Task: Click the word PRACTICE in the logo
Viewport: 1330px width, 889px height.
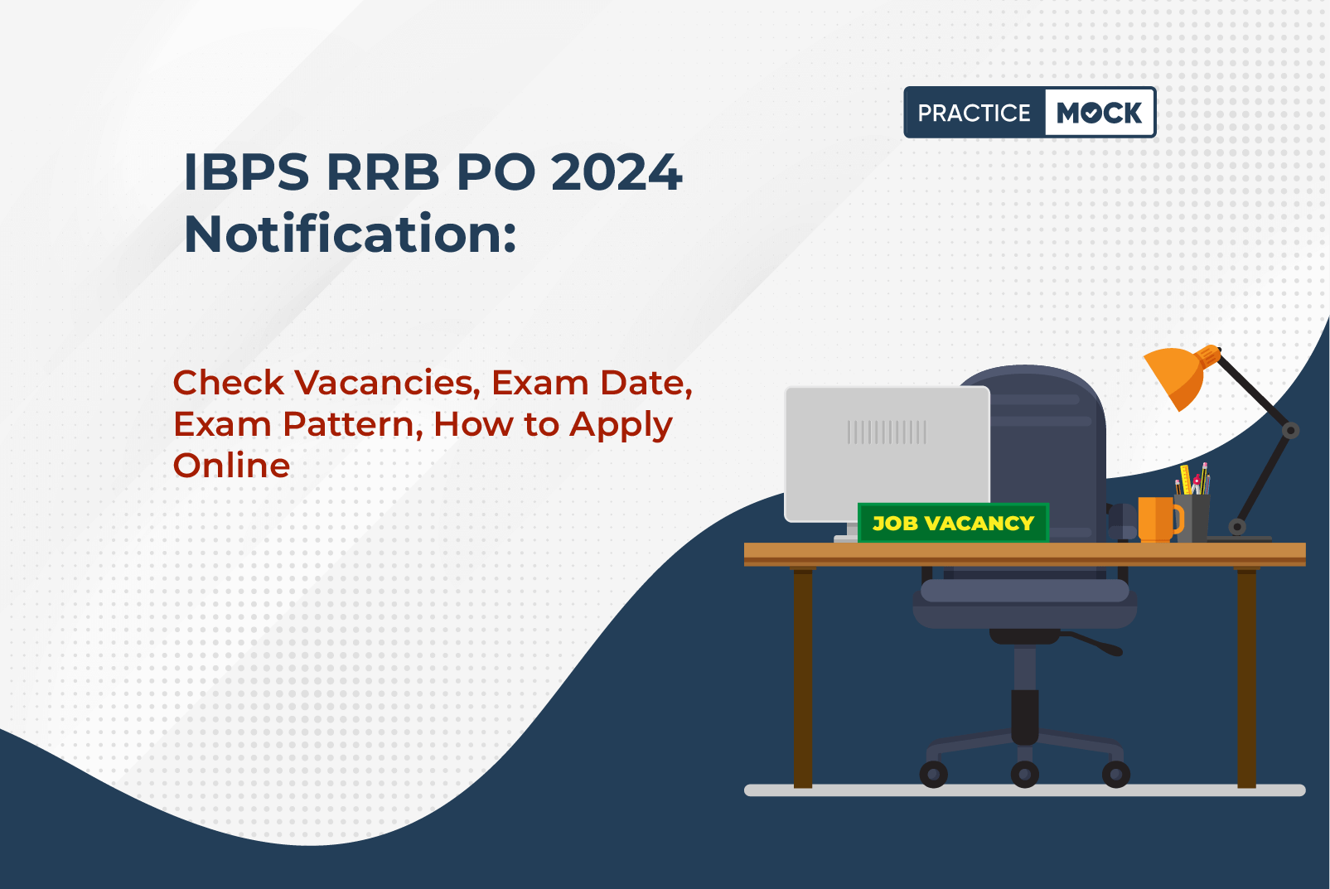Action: coord(974,113)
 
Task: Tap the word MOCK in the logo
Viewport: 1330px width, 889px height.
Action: coord(1099,113)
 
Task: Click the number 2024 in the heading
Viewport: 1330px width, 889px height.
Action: coord(617,172)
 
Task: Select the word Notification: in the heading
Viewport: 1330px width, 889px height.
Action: coord(351,234)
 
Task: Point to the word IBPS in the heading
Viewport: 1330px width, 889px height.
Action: coord(246,172)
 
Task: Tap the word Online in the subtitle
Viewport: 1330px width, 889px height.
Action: coord(231,465)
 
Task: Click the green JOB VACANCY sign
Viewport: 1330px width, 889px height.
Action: coord(953,523)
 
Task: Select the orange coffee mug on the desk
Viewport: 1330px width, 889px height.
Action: coord(1158,519)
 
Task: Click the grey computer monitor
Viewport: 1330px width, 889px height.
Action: coord(887,454)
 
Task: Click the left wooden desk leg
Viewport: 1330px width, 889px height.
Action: coord(803,677)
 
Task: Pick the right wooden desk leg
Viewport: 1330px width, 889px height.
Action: coord(1246,677)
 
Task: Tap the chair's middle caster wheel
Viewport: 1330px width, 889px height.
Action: coord(1025,774)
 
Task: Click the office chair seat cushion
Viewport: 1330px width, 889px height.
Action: coord(1025,603)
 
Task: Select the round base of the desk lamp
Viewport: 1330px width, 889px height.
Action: coord(1237,537)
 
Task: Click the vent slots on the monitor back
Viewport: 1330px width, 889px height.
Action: coord(887,432)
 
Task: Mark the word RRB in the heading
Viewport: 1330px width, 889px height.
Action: coord(383,172)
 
